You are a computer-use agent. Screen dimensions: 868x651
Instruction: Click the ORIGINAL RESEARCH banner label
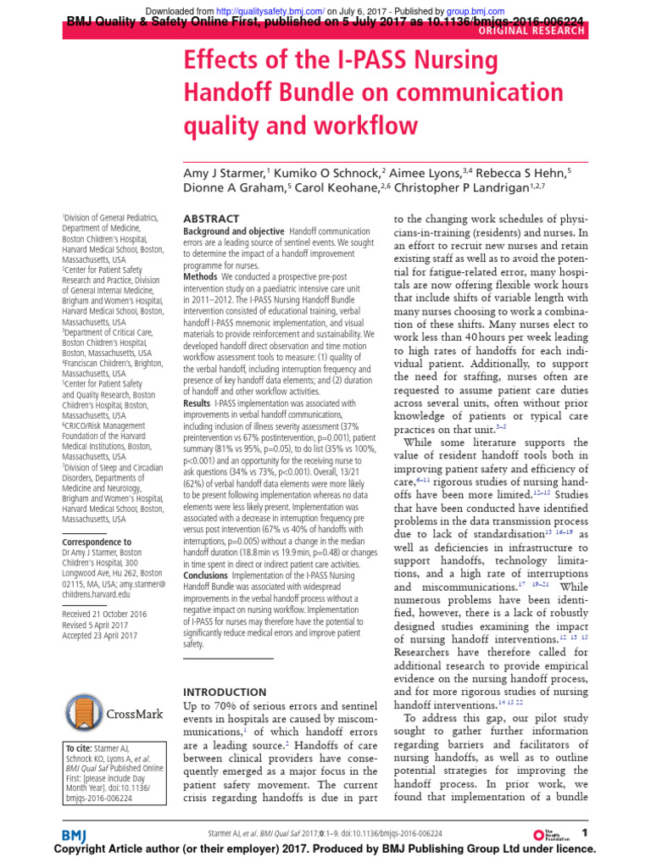(531, 31)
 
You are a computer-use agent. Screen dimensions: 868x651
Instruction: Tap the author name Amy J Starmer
(225, 173)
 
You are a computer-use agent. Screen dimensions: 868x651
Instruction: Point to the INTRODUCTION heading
(225, 692)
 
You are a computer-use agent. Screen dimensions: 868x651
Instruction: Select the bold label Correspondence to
(97, 542)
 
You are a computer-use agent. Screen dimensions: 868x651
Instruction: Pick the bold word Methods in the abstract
(201, 277)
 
